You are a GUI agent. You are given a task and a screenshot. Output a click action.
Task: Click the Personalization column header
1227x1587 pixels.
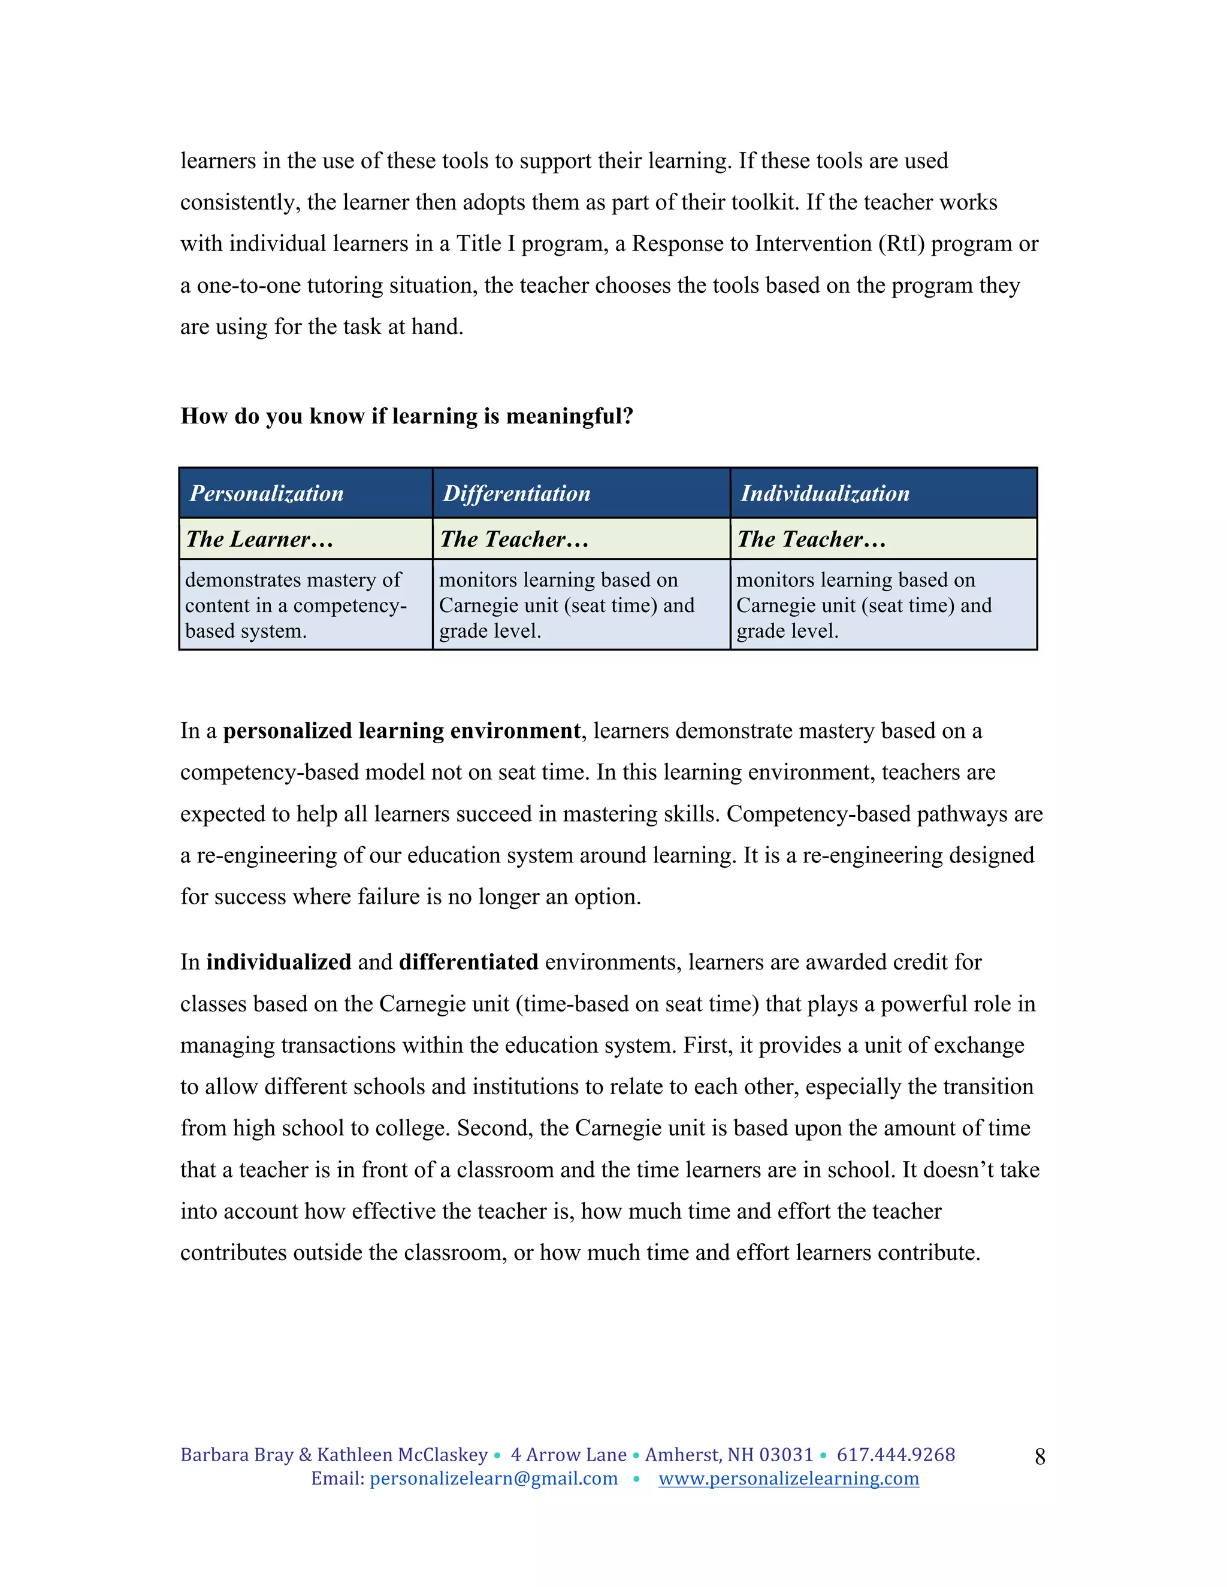tap(266, 493)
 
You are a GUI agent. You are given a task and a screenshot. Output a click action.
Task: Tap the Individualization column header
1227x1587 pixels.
tap(824, 493)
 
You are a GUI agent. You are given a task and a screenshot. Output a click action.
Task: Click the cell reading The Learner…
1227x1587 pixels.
tap(259, 539)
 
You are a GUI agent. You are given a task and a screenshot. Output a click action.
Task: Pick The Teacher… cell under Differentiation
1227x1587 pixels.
tap(514, 539)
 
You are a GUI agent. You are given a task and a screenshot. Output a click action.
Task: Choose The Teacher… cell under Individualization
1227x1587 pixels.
tap(811, 539)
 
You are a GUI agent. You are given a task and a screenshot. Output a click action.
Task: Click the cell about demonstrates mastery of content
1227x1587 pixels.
tap(294, 605)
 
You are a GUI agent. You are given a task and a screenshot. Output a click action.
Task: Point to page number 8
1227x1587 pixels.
tap(1039, 1456)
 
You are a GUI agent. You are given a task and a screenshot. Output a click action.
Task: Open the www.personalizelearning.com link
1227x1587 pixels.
tap(788, 1479)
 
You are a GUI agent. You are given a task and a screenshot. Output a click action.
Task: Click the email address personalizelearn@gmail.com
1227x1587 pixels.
tap(494, 1479)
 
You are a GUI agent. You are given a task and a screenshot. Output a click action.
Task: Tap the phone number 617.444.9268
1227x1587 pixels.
tap(896, 1455)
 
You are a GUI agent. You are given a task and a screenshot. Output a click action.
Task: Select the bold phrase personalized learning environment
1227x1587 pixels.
tap(401, 730)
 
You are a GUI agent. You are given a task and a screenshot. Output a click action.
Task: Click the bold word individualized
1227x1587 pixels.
tap(279, 962)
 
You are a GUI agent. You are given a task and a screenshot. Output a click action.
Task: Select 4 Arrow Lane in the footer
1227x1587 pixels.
tap(568, 1455)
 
